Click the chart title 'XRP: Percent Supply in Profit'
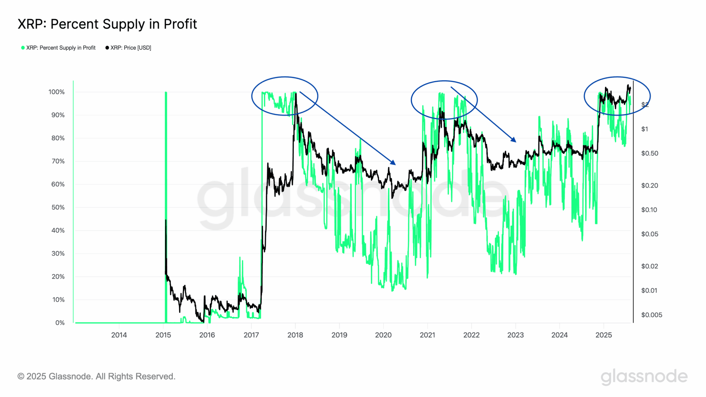(107, 24)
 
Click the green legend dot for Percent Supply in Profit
(23, 48)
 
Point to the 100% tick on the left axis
(56, 92)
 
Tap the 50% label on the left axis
(58, 207)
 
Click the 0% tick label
(60, 323)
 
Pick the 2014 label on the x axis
(119, 335)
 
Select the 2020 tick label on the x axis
(383, 335)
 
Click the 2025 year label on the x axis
(603, 335)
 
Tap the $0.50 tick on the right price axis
(649, 153)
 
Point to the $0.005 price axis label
(651, 315)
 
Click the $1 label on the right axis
(645, 129)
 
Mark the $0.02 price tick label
(649, 266)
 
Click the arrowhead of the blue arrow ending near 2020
(393, 162)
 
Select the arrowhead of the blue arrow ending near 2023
(514, 140)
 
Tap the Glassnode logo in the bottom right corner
(644, 377)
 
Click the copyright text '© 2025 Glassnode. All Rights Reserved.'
(96, 376)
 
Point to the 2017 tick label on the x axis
(251, 335)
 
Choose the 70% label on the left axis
(58, 161)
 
